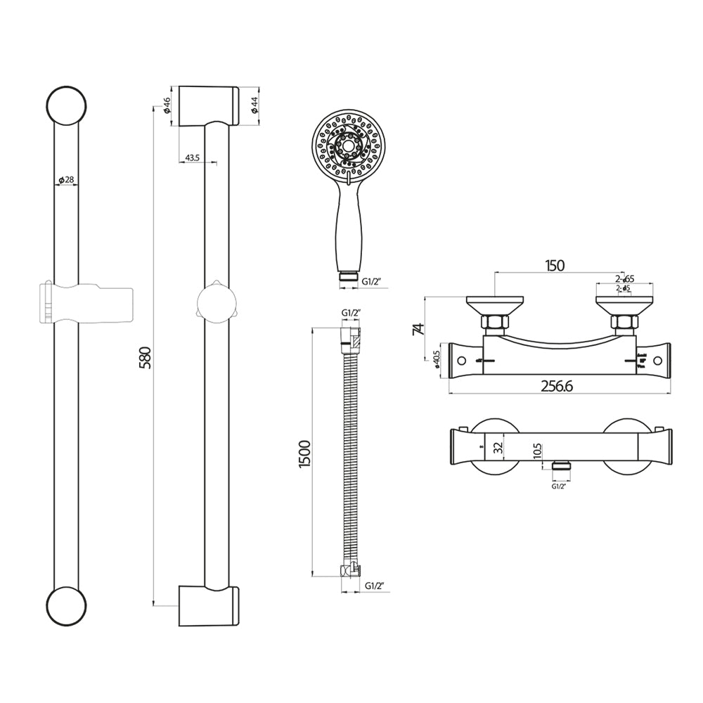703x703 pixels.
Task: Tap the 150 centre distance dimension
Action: click(555, 265)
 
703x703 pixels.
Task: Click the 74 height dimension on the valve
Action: click(418, 328)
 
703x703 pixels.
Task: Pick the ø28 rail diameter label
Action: click(66, 180)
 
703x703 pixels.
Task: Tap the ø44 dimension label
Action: click(254, 106)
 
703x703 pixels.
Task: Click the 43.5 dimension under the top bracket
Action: click(191, 158)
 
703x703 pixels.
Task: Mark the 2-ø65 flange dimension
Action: click(625, 279)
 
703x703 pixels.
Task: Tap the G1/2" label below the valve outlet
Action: click(560, 485)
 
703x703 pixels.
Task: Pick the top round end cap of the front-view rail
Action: click(66, 106)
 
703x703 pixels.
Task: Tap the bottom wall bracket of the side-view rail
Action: click(209, 605)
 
